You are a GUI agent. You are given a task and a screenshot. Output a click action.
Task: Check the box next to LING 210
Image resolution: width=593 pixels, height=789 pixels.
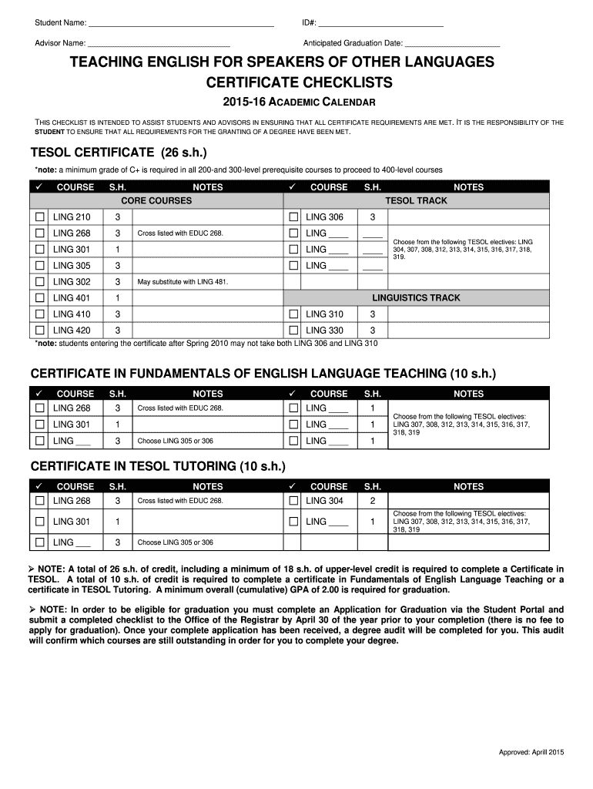tap(39, 217)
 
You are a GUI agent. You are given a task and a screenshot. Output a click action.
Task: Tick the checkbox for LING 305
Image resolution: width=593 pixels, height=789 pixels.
tap(39, 266)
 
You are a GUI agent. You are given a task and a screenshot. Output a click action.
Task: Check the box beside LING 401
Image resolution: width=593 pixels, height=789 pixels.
tap(39, 298)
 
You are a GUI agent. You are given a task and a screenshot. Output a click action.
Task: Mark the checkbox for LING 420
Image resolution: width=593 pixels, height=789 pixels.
tap(39, 331)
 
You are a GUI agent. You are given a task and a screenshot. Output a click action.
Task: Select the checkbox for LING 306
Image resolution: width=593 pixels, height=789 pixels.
tap(293, 217)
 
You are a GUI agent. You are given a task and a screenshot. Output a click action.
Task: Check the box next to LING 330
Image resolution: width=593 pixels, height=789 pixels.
tap(293, 331)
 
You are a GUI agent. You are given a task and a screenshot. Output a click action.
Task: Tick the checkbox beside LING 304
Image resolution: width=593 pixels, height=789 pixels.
tap(293, 501)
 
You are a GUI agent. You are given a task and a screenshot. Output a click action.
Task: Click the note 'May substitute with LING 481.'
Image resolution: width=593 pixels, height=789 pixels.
tap(183, 282)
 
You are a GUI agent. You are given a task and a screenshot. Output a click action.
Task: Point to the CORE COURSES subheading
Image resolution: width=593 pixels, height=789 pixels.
tap(156, 201)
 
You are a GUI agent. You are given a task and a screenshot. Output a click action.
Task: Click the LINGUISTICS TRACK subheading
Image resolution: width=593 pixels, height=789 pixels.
tap(416, 298)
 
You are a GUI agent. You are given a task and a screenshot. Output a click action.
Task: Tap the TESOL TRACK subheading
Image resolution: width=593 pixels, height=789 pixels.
tap(416, 201)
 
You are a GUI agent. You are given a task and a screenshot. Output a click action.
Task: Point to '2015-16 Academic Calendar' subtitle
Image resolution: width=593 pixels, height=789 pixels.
tap(299, 102)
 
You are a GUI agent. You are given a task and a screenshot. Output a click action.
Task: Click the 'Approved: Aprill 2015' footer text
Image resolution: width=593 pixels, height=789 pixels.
tap(532, 752)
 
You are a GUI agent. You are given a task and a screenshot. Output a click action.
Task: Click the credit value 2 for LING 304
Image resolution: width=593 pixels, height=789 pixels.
tap(373, 501)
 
